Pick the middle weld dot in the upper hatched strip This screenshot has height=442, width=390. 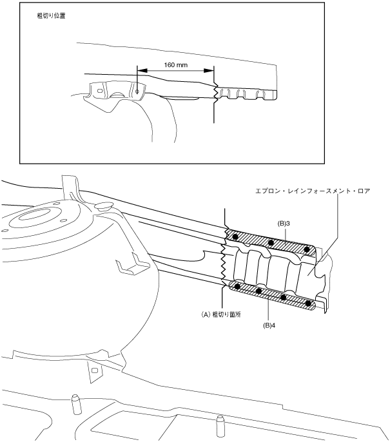point(271,243)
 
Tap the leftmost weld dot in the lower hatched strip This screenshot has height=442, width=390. point(239,286)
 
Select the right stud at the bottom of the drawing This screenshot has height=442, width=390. point(220,423)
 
